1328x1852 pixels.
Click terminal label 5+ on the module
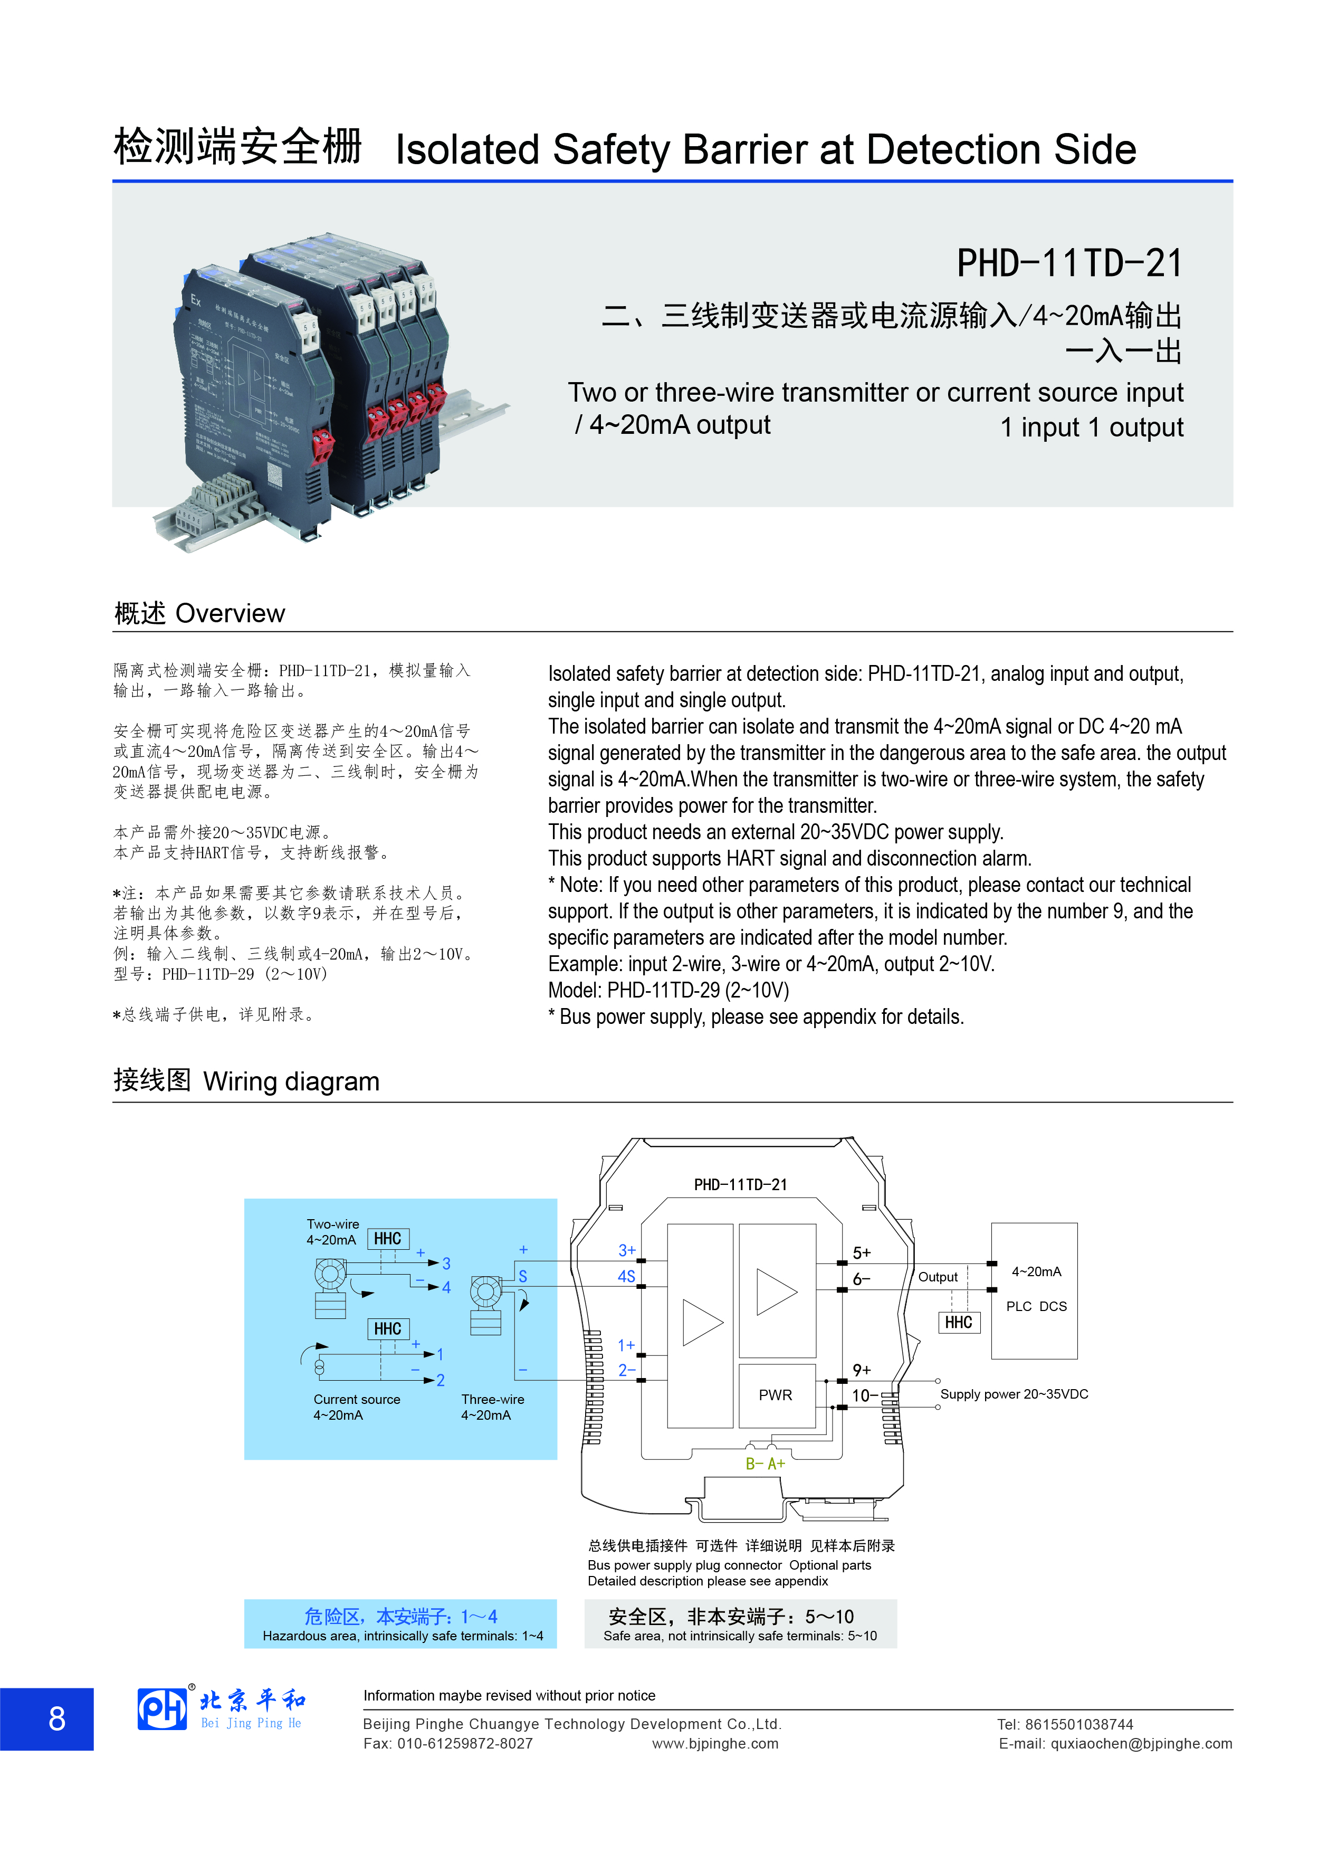tap(861, 1252)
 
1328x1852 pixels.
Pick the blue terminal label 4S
tap(626, 1276)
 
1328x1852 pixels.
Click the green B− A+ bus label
tap(765, 1464)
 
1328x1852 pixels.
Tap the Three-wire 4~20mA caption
tap(492, 1407)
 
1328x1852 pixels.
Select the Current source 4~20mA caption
tap(357, 1407)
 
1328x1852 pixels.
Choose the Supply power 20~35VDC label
tap(1014, 1394)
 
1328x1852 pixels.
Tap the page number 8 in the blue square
tap(56, 1719)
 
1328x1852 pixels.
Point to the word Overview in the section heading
tap(230, 613)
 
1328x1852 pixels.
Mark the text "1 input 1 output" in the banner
tap(1091, 427)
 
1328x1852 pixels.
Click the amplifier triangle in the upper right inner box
tap(776, 1292)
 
